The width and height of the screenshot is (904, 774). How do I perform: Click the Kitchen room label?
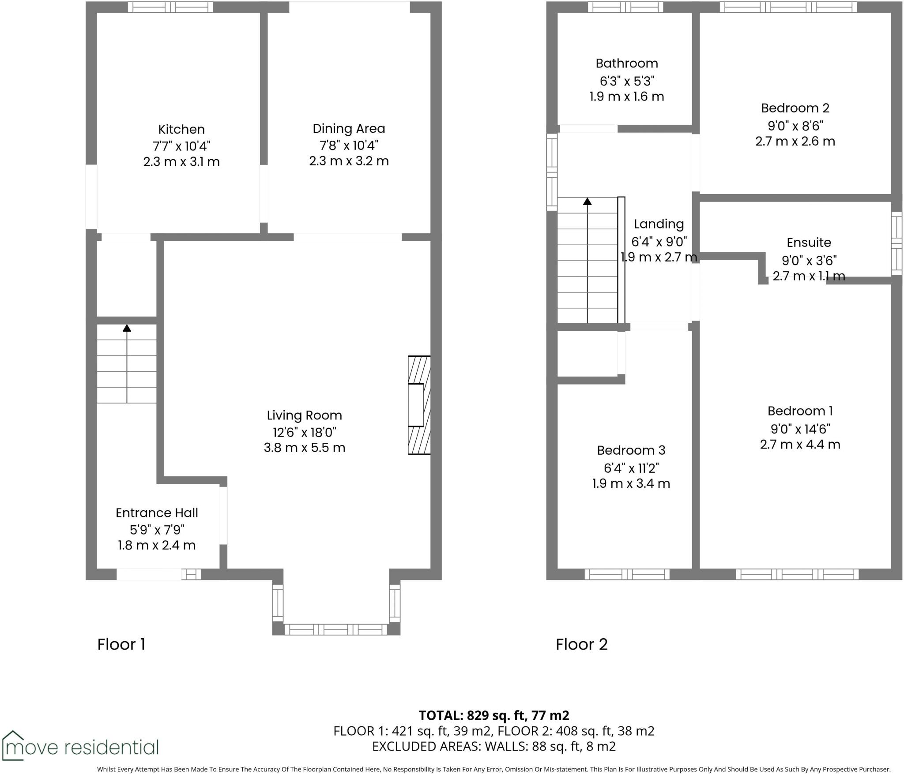[x=181, y=129]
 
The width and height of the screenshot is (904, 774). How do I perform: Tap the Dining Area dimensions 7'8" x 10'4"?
[x=349, y=145]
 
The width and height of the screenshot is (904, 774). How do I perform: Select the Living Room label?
[x=304, y=415]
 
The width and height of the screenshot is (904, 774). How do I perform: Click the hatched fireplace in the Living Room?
[x=419, y=405]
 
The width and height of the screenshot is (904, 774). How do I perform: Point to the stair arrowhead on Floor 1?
[x=127, y=328]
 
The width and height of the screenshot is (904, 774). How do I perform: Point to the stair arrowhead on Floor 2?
[x=587, y=202]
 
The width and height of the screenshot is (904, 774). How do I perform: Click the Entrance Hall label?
[x=157, y=512]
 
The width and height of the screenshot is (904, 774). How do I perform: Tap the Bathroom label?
[x=626, y=64]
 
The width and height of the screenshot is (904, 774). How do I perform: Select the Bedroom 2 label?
[x=795, y=108]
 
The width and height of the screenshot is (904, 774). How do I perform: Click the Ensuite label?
[x=809, y=243]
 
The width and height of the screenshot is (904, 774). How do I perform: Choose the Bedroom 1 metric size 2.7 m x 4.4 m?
[x=800, y=445]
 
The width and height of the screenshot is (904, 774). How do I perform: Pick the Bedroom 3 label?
[x=631, y=450]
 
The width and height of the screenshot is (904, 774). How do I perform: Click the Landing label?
[x=659, y=224]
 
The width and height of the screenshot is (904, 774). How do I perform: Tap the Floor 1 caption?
[x=121, y=644]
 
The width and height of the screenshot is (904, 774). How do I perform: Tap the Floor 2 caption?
[x=581, y=644]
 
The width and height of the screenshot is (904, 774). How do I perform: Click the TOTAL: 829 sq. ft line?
[x=493, y=715]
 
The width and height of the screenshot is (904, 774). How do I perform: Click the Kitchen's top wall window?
[x=170, y=7]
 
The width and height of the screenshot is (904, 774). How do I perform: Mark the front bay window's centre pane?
[x=335, y=629]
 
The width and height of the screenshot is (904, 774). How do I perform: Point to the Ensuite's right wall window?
[x=896, y=243]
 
